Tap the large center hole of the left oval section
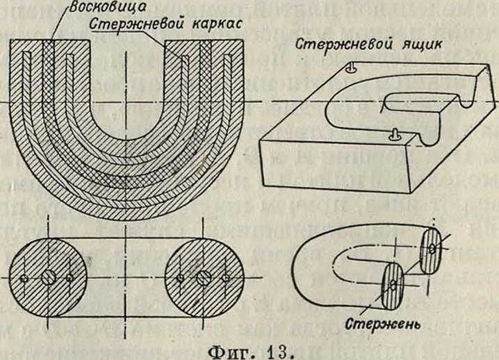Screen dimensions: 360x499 49,277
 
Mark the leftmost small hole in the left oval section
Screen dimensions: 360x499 24,278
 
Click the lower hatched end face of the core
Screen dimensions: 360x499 394,283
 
